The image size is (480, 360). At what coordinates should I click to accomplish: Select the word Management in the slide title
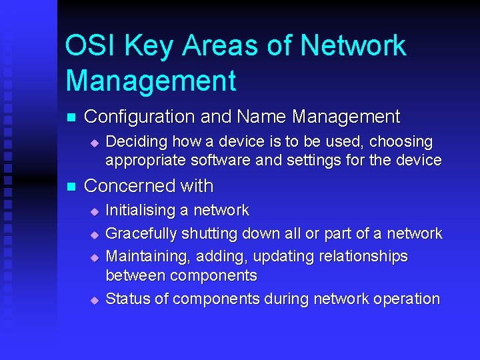coord(151,81)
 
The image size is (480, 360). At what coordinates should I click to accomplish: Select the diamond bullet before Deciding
coord(94,143)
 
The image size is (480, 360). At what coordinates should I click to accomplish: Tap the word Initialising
coord(139,211)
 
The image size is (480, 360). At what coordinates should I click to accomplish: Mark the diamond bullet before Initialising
coord(94,211)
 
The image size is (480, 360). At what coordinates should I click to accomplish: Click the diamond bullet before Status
coord(94,300)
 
